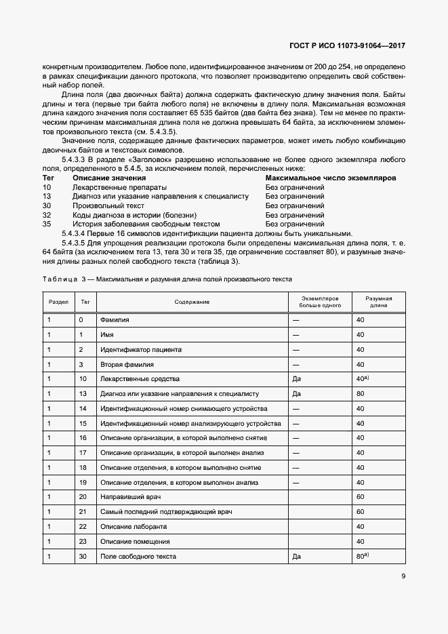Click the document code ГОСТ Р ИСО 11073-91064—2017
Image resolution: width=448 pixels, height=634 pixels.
[x=347, y=46]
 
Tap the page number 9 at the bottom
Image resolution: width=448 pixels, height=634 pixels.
[x=403, y=577]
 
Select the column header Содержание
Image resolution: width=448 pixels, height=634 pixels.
[x=191, y=301]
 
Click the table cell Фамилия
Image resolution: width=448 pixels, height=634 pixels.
[x=115, y=319]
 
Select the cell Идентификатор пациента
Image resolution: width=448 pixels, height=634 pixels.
[x=140, y=349]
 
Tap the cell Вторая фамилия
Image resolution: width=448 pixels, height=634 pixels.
[x=126, y=364]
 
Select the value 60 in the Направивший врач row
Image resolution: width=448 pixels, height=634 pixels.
[x=360, y=497]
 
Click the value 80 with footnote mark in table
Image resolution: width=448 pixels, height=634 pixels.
[x=362, y=556]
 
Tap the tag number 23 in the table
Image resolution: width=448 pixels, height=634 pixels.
[x=83, y=541]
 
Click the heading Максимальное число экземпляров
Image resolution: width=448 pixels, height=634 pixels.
[x=330, y=178]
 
